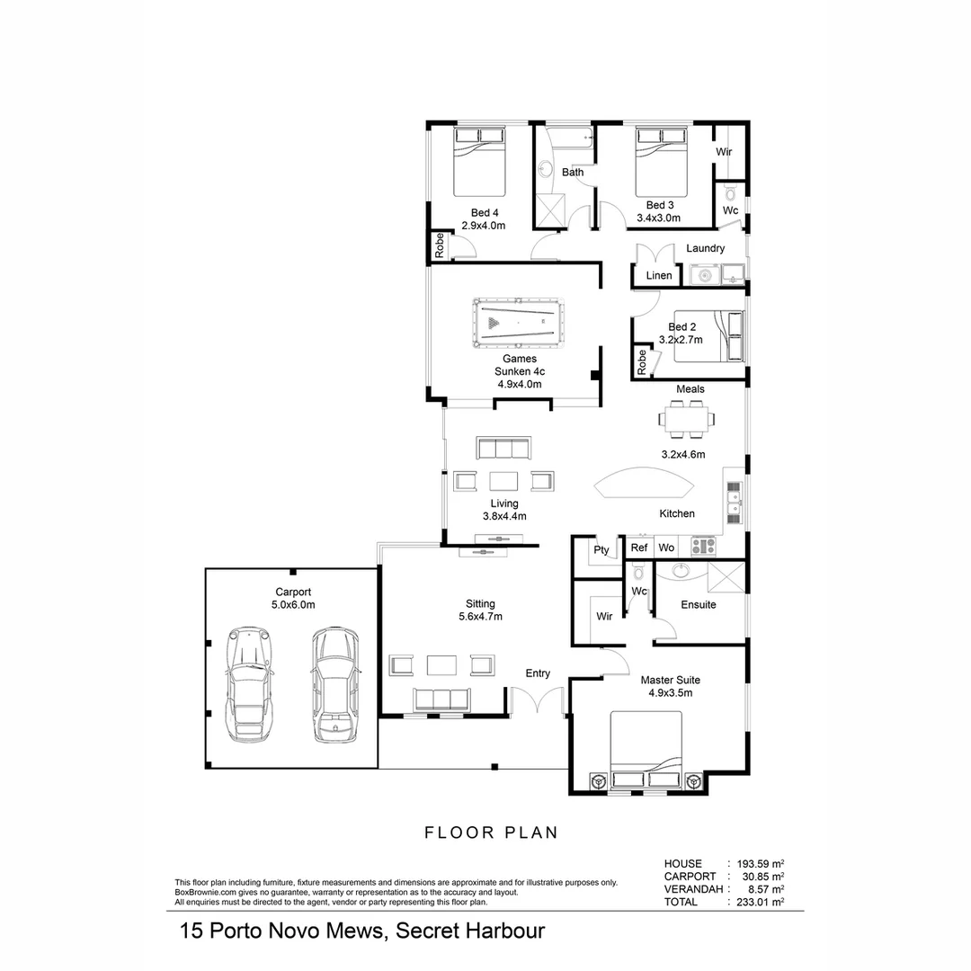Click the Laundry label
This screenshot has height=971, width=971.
705,248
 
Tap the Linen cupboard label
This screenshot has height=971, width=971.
659,275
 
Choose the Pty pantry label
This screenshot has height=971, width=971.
601,550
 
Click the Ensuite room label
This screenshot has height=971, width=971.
699,605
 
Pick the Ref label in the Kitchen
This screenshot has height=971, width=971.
639,548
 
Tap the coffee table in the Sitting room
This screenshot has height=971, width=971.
442,665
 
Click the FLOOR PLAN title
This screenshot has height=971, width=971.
492,833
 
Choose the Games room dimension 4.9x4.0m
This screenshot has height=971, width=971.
520,384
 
